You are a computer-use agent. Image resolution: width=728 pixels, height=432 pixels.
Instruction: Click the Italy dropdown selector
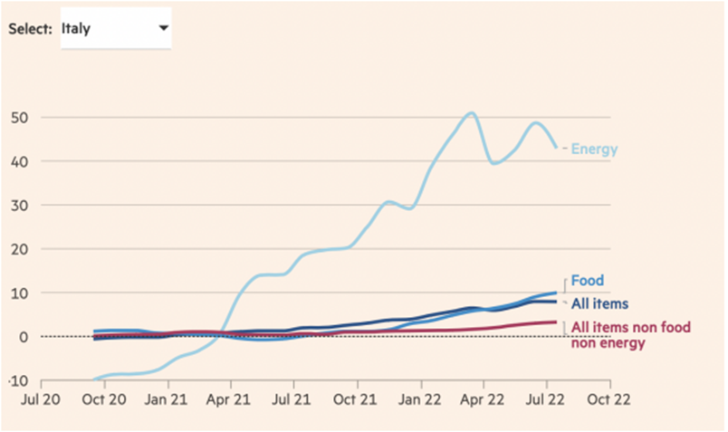point(115,28)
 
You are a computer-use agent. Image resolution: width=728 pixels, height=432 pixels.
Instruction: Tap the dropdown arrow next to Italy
point(163,28)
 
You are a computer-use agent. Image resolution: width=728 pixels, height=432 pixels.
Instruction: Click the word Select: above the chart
point(30,29)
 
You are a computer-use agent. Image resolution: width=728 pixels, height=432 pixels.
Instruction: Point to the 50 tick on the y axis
point(20,118)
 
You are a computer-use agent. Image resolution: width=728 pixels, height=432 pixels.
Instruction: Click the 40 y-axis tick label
point(20,161)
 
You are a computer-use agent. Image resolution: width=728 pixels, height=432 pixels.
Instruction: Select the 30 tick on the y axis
point(20,206)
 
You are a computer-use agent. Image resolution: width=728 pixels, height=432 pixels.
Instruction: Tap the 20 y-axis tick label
point(20,249)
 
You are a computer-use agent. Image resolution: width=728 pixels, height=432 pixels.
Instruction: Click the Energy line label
point(594,149)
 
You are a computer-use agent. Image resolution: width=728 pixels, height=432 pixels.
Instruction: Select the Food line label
point(587,281)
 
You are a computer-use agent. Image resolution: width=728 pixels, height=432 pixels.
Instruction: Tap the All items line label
point(599,303)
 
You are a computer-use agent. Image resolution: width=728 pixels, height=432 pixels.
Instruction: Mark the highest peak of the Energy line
point(471,113)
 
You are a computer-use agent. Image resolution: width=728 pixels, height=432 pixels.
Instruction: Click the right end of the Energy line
point(556,147)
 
